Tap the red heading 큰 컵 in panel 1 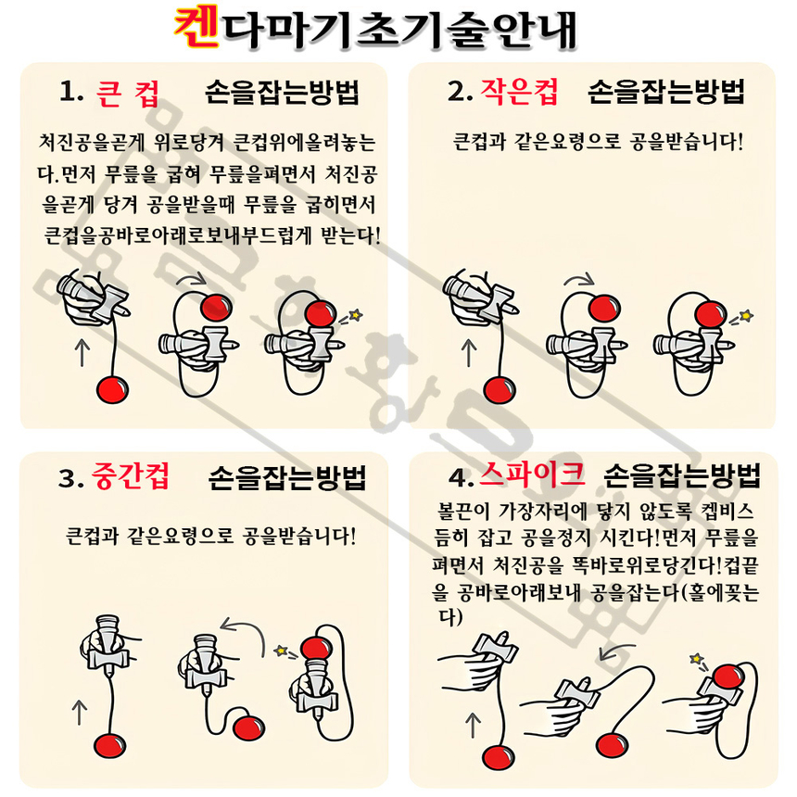pyautogui.click(x=128, y=94)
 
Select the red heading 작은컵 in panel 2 pyautogui.click(x=520, y=92)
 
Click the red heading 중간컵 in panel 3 pyautogui.click(x=130, y=476)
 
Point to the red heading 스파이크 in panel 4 pyautogui.click(x=532, y=474)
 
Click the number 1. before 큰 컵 pyautogui.click(x=71, y=92)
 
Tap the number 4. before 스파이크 pyautogui.click(x=461, y=476)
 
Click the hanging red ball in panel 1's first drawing pyautogui.click(x=112, y=389)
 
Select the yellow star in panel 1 pyautogui.click(x=355, y=315)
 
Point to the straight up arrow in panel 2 pyautogui.click(x=468, y=353)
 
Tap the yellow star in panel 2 pyautogui.click(x=746, y=316)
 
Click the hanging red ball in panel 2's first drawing pyautogui.click(x=500, y=390)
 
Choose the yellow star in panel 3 pyautogui.click(x=281, y=650)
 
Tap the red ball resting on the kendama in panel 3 pyautogui.click(x=317, y=649)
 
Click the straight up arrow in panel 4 pyautogui.click(x=473, y=725)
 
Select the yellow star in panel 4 pyautogui.click(x=696, y=659)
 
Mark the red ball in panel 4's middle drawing pyautogui.click(x=612, y=745)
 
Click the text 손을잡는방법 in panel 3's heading pyautogui.click(x=287, y=477)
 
